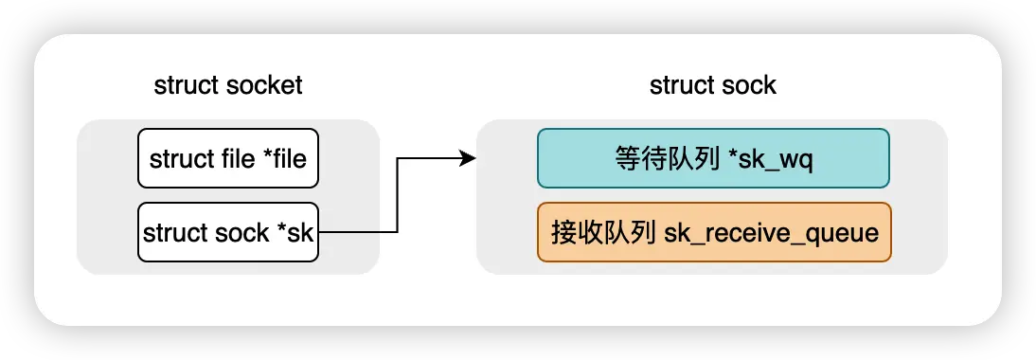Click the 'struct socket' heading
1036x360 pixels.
click(227, 85)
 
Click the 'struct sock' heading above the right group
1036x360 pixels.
click(712, 85)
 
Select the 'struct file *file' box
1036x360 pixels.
click(227, 158)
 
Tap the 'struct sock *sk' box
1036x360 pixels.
click(227, 232)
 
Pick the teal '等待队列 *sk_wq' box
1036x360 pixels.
click(713, 158)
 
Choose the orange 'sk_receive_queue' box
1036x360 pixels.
click(713, 232)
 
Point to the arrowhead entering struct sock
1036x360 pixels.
click(467, 158)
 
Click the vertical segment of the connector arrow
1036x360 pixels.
click(398, 195)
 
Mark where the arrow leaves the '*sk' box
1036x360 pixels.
click(320, 232)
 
